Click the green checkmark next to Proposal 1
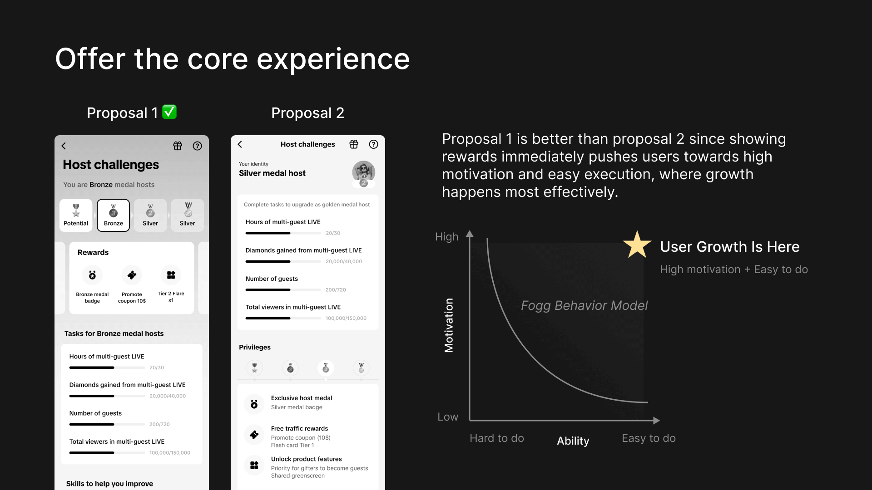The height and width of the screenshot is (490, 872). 169,112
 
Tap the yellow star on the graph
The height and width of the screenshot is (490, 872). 637,245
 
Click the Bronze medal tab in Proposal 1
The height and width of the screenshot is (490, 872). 113,215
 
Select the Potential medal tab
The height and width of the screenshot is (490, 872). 76,215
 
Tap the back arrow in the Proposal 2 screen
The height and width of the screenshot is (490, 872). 240,144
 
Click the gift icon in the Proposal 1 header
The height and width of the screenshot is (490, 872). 178,146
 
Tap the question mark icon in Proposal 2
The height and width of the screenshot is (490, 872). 373,144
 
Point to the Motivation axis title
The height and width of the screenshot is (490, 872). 449,325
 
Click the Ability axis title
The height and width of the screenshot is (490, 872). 573,441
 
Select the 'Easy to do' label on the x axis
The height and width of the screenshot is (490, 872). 649,438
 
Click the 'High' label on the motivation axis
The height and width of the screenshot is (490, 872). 446,237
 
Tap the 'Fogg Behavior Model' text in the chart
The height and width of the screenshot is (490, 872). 584,305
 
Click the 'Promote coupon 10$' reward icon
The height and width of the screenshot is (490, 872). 132,275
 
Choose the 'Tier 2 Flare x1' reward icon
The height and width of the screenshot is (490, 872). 171,275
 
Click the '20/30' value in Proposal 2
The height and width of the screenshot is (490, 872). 333,233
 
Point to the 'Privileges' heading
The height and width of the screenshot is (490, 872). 255,347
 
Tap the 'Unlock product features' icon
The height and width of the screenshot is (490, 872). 254,465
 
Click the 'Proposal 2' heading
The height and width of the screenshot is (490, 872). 307,113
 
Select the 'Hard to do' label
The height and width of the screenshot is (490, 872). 497,438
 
